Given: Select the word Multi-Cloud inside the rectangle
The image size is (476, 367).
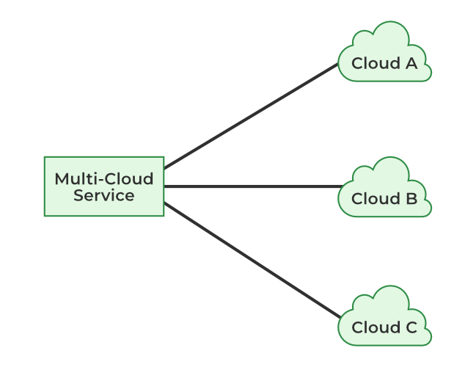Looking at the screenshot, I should (x=104, y=179).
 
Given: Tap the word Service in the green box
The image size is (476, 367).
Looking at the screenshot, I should (x=104, y=196).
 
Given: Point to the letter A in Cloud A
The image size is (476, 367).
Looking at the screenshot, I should (x=411, y=64).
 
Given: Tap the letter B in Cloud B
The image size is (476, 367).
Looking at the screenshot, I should (x=411, y=199).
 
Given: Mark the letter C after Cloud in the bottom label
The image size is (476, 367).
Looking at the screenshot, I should (x=411, y=328).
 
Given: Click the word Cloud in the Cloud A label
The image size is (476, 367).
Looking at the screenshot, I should (x=373, y=64).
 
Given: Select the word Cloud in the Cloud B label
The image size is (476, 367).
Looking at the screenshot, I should (x=373, y=199).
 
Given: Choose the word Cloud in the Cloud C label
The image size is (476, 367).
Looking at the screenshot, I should (x=373, y=328).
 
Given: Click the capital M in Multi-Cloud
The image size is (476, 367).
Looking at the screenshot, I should (x=62, y=179).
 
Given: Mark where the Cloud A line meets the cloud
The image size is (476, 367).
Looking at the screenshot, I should (x=338, y=64).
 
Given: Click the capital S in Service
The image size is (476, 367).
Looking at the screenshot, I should (x=78, y=196).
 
